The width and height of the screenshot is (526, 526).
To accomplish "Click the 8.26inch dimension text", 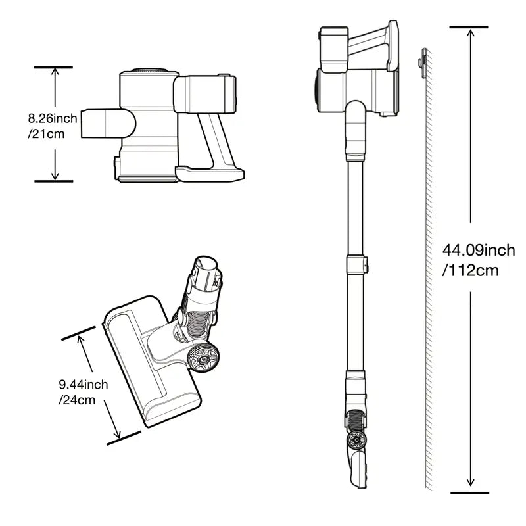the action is point(53,118).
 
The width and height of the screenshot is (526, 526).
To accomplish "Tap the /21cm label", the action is point(46,134).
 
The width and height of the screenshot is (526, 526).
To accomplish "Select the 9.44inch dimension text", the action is point(84,385).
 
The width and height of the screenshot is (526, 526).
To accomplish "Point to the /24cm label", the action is point(77,400).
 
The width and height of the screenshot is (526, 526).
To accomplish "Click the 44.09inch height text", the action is point(479,251).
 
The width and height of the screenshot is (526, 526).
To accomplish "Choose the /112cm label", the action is point(470,270).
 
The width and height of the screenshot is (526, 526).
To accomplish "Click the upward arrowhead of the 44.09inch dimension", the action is point(470,34).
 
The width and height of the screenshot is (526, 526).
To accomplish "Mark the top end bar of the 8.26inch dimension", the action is point(53,68).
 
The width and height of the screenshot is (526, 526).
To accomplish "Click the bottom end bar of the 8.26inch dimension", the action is point(54,181).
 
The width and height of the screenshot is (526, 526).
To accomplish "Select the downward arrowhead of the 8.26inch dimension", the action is point(55,176).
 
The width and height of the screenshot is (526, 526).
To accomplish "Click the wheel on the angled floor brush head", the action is point(203,358).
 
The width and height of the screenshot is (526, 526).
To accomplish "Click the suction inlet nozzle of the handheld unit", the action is point(107,123).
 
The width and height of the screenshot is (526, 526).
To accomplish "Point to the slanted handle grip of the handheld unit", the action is point(215,140).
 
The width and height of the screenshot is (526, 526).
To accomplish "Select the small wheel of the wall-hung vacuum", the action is point(356,439).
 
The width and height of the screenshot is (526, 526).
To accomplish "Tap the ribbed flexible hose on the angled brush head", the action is point(198,323).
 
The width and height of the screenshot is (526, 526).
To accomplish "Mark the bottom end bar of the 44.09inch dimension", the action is point(469,492).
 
